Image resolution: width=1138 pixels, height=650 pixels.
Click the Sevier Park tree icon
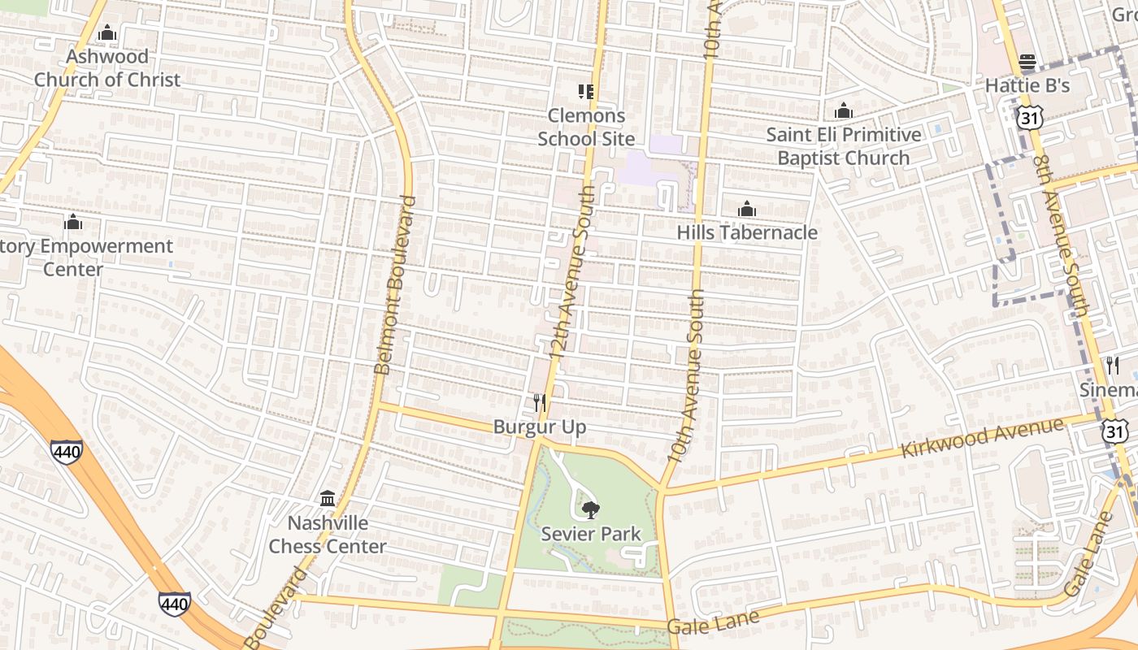click(591, 510)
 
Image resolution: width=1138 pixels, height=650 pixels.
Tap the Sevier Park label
click(591, 534)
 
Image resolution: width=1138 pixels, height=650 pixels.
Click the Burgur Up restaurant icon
click(539, 403)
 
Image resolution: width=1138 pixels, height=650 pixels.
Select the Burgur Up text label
click(540, 427)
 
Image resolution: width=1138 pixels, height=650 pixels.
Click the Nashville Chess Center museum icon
click(328, 498)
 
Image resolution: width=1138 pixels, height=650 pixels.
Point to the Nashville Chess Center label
click(328, 535)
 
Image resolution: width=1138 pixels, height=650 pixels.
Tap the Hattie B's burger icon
click(1027, 62)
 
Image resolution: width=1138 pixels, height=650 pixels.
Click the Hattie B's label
click(1027, 85)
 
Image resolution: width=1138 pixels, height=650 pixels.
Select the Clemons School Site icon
click(586, 92)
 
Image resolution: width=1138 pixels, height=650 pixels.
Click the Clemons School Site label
click(586, 127)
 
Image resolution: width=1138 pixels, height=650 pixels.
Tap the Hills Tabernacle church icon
click(747, 210)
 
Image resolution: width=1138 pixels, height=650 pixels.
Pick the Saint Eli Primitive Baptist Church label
click(844, 146)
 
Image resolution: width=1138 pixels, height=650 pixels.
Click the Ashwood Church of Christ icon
click(106, 33)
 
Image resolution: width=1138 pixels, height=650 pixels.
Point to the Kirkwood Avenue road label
click(982, 439)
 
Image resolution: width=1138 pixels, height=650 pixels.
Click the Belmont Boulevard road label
click(395, 284)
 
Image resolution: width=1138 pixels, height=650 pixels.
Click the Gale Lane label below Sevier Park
click(713, 622)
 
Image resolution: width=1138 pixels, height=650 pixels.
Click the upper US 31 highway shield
click(1028, 119)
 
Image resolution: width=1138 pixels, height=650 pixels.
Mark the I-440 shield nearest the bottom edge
click(175, 603)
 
